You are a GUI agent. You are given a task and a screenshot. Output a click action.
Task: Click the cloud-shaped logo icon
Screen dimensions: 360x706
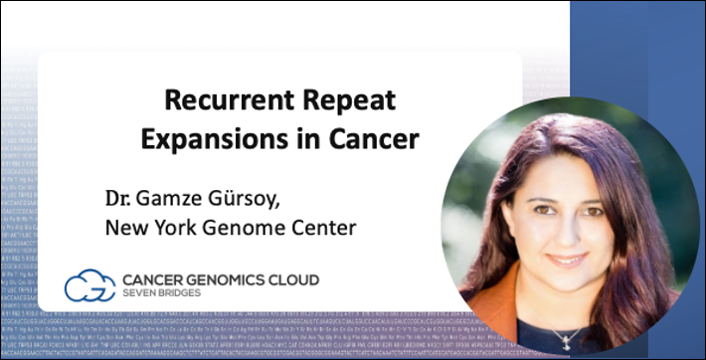click(x=89, y=286)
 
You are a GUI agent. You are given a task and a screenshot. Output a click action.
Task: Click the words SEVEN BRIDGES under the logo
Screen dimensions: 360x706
click(x=163, y=294)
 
